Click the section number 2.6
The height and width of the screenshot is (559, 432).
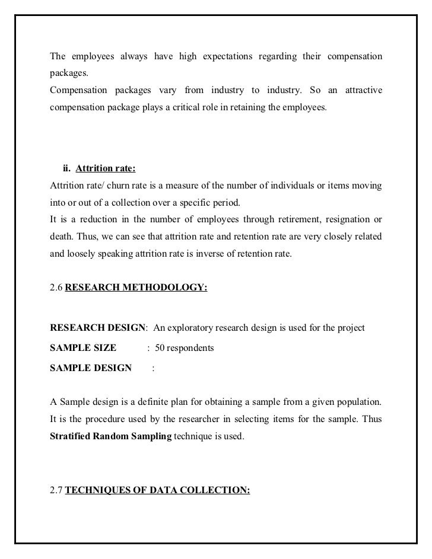(56, 290)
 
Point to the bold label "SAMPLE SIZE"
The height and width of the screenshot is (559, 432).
(83, 348)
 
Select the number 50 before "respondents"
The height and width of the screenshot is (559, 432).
(160, 348)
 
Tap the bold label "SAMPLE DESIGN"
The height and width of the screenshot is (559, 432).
(91, 368)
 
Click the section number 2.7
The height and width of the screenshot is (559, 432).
(56, 491)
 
